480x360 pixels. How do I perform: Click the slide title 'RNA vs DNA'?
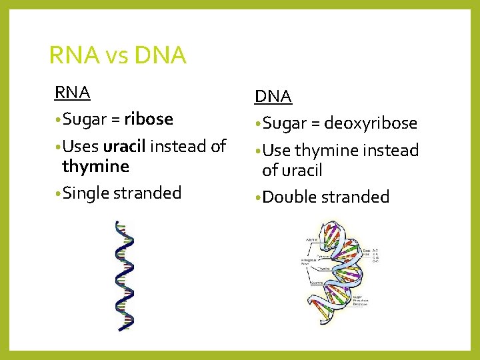117,55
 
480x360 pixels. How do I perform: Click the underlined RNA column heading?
73,92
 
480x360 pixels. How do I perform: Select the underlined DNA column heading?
273,97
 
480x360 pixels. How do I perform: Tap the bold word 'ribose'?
149,119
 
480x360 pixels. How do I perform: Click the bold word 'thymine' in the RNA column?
95,166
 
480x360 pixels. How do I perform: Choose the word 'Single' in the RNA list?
87,193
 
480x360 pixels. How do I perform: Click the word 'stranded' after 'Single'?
147,193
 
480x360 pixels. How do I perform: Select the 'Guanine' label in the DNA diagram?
316,283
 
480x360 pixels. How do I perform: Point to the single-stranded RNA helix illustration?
124,275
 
